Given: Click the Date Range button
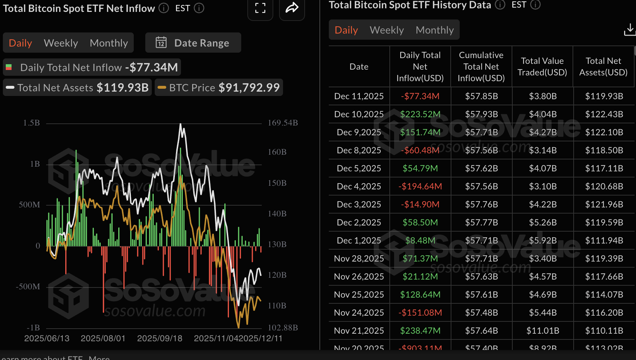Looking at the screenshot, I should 193,43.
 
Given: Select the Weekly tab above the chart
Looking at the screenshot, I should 61,43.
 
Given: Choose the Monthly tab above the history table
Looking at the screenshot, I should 434,30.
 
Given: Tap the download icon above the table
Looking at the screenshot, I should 629,30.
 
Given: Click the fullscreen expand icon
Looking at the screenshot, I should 260,8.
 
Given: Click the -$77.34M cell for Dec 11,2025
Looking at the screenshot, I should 420,96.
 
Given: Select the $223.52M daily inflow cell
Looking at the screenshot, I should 420,114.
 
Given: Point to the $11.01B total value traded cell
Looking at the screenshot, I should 543,331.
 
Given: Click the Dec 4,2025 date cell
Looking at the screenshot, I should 359,186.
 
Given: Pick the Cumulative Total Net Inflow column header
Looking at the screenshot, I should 481,67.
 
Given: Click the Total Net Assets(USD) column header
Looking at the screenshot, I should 603,67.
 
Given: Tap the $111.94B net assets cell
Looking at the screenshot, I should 604,241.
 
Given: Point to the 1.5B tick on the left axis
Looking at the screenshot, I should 31,123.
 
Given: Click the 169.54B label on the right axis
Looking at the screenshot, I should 283,123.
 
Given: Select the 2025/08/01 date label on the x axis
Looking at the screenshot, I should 103,338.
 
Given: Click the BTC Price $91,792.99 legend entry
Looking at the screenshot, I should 219,88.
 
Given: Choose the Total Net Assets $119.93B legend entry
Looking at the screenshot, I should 77,88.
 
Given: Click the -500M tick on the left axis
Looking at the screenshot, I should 28,287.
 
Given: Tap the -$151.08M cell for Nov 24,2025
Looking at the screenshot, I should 420,313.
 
